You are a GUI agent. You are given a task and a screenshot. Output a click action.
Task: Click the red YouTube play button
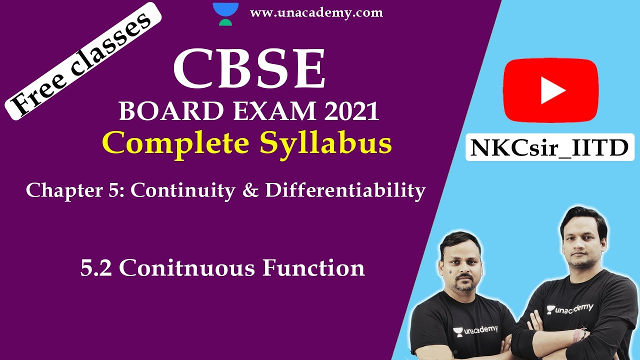coord(550,90)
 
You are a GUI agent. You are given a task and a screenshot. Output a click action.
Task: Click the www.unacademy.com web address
coord(316,13)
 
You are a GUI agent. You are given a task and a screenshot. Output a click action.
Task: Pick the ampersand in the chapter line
coord(249,190)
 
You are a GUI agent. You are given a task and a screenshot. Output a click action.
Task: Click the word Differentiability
coord(345,190)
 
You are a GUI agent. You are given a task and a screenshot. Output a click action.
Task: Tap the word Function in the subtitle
coord(313,268)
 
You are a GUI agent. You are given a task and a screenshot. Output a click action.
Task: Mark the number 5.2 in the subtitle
coord(97,268)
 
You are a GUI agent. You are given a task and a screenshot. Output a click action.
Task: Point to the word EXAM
coord(261,111)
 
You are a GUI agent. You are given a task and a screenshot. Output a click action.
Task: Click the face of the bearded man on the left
coord(461,264)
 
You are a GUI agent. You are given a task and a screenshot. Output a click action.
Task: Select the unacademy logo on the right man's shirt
coord(569,308)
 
